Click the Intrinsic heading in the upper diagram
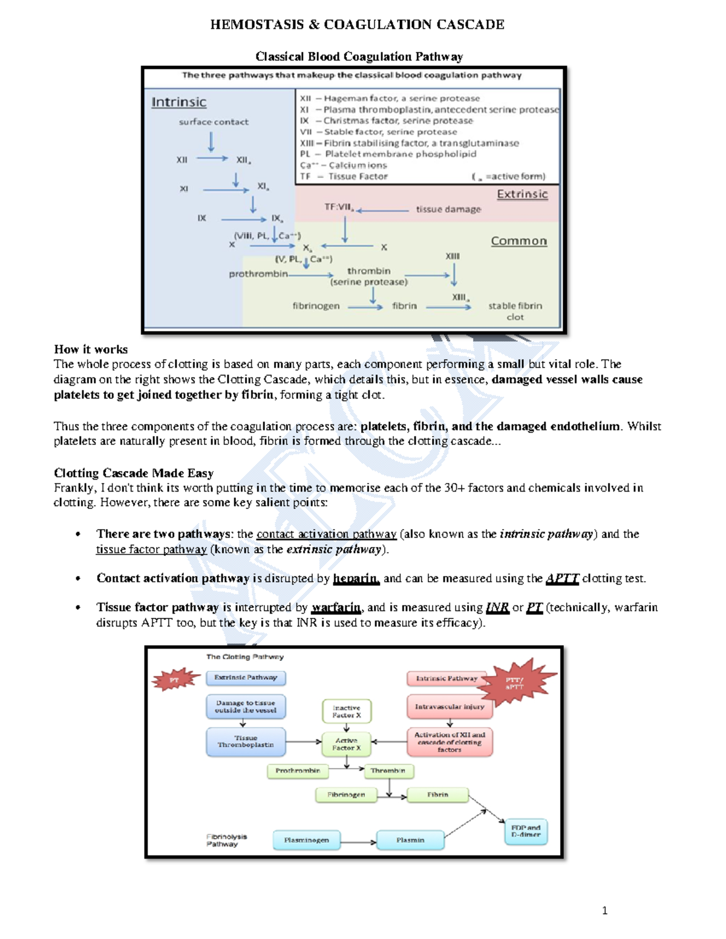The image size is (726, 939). click(x=178, y=102)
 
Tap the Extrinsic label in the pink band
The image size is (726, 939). click(x=522, y=194)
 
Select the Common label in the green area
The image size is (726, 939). click(x=518, y=241)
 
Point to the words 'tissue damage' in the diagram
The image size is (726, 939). click(x=448, y=209)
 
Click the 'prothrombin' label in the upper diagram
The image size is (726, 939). click(x=258, y=274)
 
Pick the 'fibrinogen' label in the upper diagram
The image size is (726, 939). click(x=316, y=306)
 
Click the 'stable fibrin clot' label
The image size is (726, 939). click(x=515, y=311)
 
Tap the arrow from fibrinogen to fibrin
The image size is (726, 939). click(x=365, y=307)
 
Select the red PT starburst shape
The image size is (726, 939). click(x=175, y=680)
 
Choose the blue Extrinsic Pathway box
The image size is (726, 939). click(x=246, y=678)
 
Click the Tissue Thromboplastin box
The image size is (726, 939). click(x=246, y=741)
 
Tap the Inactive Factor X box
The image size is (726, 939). click(x=346, y=711)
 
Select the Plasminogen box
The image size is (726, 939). click(x=306, y=840)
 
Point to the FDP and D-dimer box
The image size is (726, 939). click(x=526, y=831)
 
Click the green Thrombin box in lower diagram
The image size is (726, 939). click(x=388, y=771)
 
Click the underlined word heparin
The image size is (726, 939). click(x=356, y=579)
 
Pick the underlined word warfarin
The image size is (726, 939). click(x=336, y=608)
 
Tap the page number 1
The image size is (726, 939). click(x=605, y=911)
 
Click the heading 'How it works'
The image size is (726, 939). click(x=91, y=349)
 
